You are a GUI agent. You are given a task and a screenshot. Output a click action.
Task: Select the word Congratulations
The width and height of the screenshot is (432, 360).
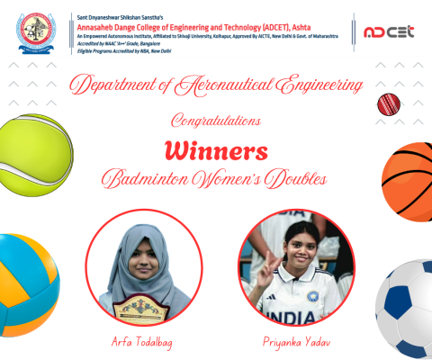[x=216, y=119]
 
